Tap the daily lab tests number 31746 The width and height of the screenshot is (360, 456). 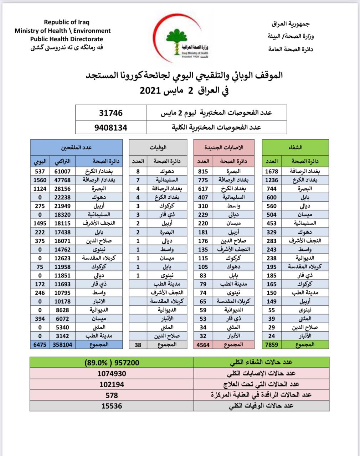(111, 113)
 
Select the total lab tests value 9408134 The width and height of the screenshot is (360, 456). (111, 127)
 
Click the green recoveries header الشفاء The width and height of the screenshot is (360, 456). (295, 147)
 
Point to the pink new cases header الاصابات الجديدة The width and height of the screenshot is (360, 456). (224, 147)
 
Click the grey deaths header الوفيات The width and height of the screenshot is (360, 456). (158, 147)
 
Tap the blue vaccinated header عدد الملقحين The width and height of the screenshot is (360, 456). (77, 147)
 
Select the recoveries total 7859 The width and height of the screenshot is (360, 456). (272, 344)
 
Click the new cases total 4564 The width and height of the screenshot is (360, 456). (203, 344)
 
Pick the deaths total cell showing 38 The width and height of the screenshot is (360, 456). (138, 344)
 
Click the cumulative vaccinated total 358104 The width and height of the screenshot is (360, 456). (62, 344)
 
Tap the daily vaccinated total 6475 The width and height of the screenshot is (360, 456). (40, 344)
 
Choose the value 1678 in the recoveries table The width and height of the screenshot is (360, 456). (272, 171)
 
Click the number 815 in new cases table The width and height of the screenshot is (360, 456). (203, 171)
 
